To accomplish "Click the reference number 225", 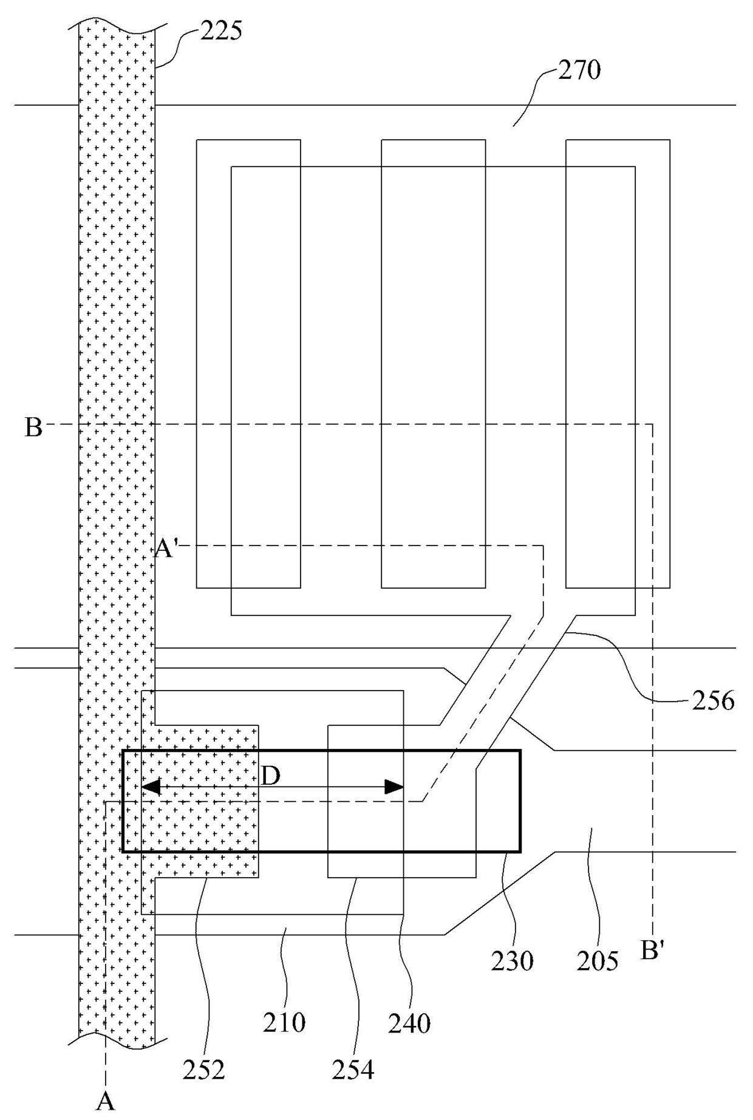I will [x=221, y=30].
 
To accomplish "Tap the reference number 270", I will [x=579, y=70].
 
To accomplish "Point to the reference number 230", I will [x=513, y=961].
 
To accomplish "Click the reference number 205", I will [x=598, y=961].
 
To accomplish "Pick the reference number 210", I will [x=284, y=1022].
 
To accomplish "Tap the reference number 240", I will [x=409, y=1024].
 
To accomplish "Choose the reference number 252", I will [x=203, y=1070].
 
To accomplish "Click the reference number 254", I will [x=353, y=1070].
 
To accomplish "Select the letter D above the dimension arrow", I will [x=271, y=776].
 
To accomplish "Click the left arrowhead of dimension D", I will [x=149, y=788].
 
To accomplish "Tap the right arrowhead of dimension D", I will [x=395, y=788].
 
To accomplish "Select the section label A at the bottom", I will [x=106, y=1101].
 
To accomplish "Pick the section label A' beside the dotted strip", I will [x=165, y=549].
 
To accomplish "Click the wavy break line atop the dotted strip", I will [x=117, y=25].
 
